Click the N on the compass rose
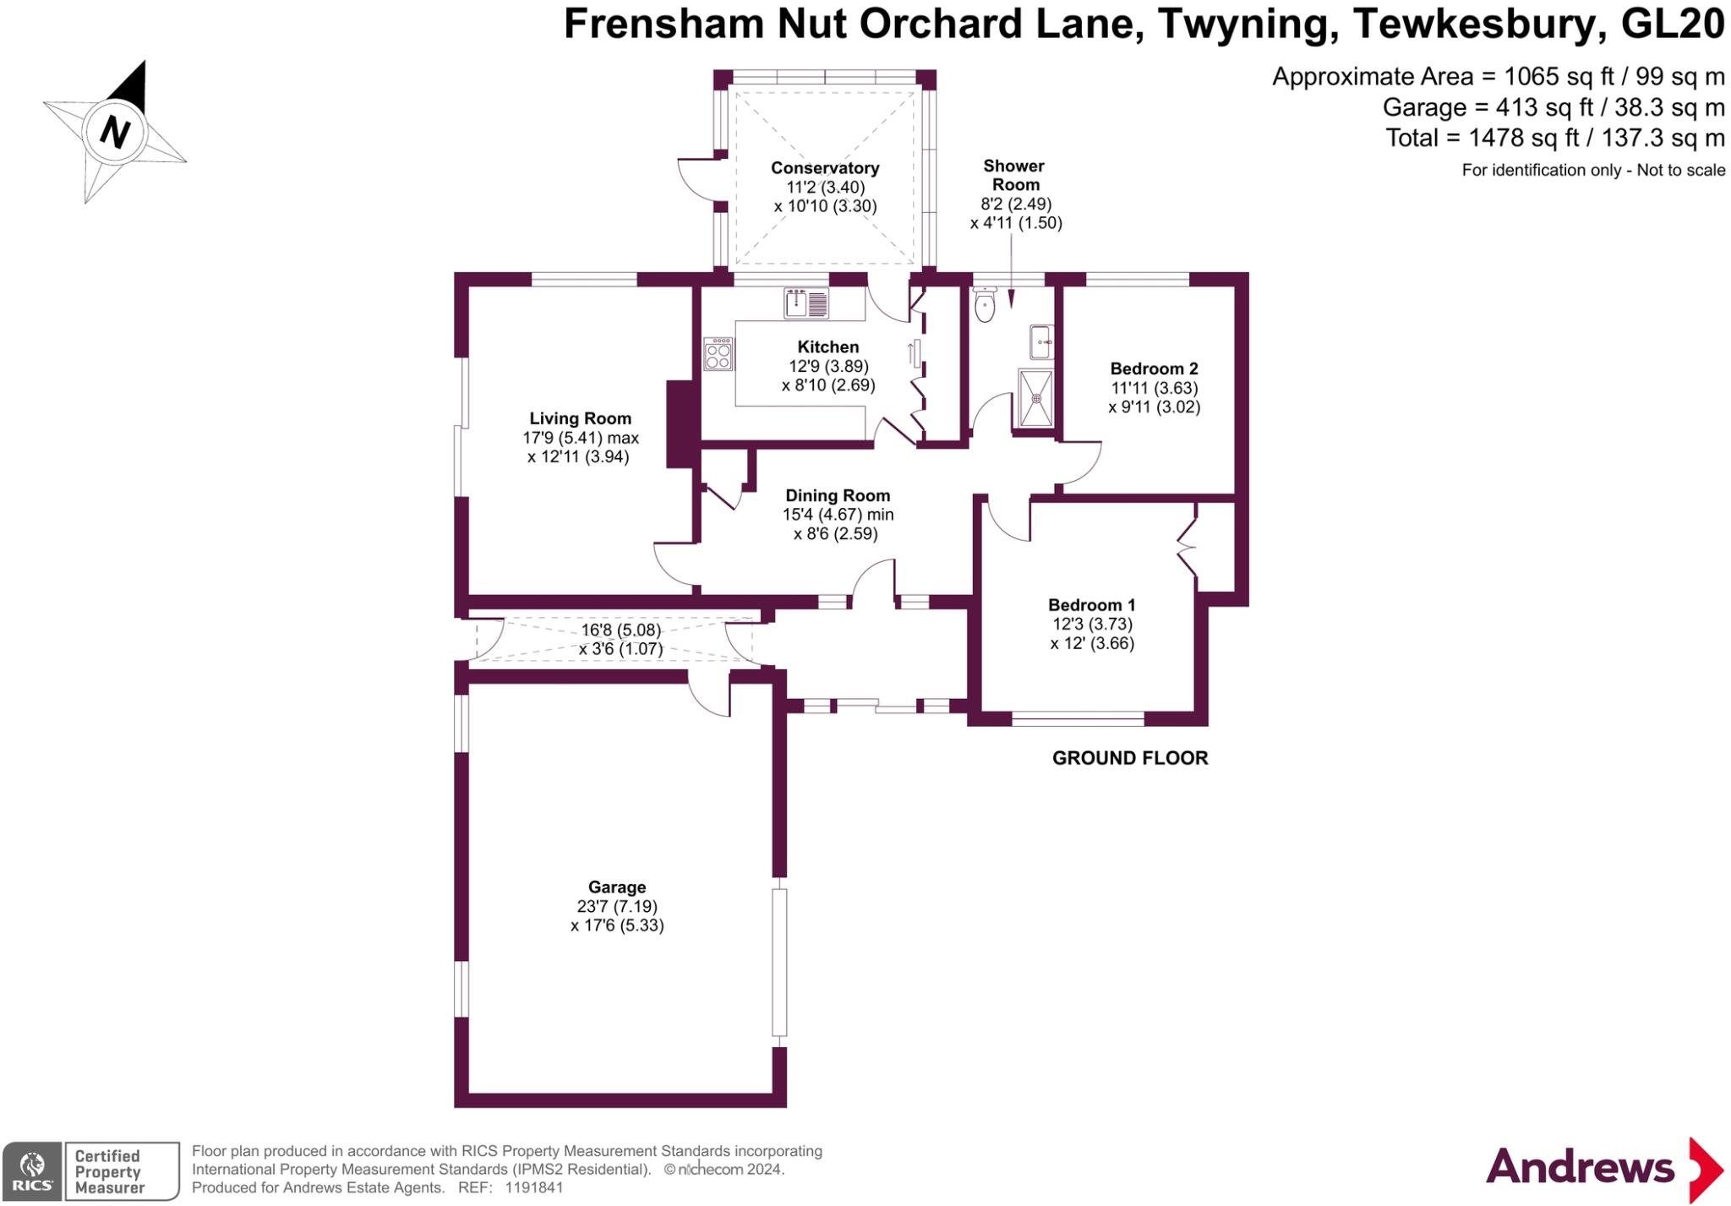[115, 133]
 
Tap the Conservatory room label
[824, 168]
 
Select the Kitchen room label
[827, 347]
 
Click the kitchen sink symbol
[805, 303]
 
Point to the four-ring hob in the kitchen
[718, 355]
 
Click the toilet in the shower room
[986, 304]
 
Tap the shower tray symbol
[1036, 397]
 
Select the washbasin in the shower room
[1040, 342]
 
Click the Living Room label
[580, 418]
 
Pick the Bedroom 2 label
[1154, 368]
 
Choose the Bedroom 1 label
[1091, 605]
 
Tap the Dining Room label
[838, 496]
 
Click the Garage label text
[617, 887]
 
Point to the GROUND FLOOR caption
[1129, 758]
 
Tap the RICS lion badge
[32, 1171]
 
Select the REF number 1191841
[533, 1187]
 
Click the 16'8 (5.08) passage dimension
[620, 630]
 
